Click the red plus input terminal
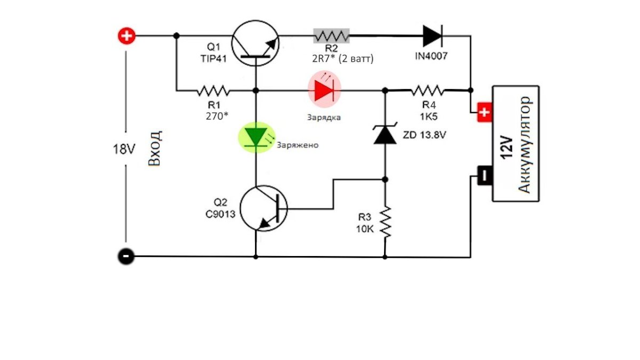(x=127, y=36)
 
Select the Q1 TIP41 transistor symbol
(x=256, y=43)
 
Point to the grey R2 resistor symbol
(x=331, y=36)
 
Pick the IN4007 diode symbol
(x=431, y=36)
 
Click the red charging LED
(x=324, y=90)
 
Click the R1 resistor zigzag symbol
(x=212, y=90)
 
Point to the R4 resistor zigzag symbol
(x=427, y=90)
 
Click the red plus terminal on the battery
(x=484, y=113)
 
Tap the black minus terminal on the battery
(x=483, y=175)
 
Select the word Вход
(x=155, y=149)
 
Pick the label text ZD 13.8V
(x=425, y=135)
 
